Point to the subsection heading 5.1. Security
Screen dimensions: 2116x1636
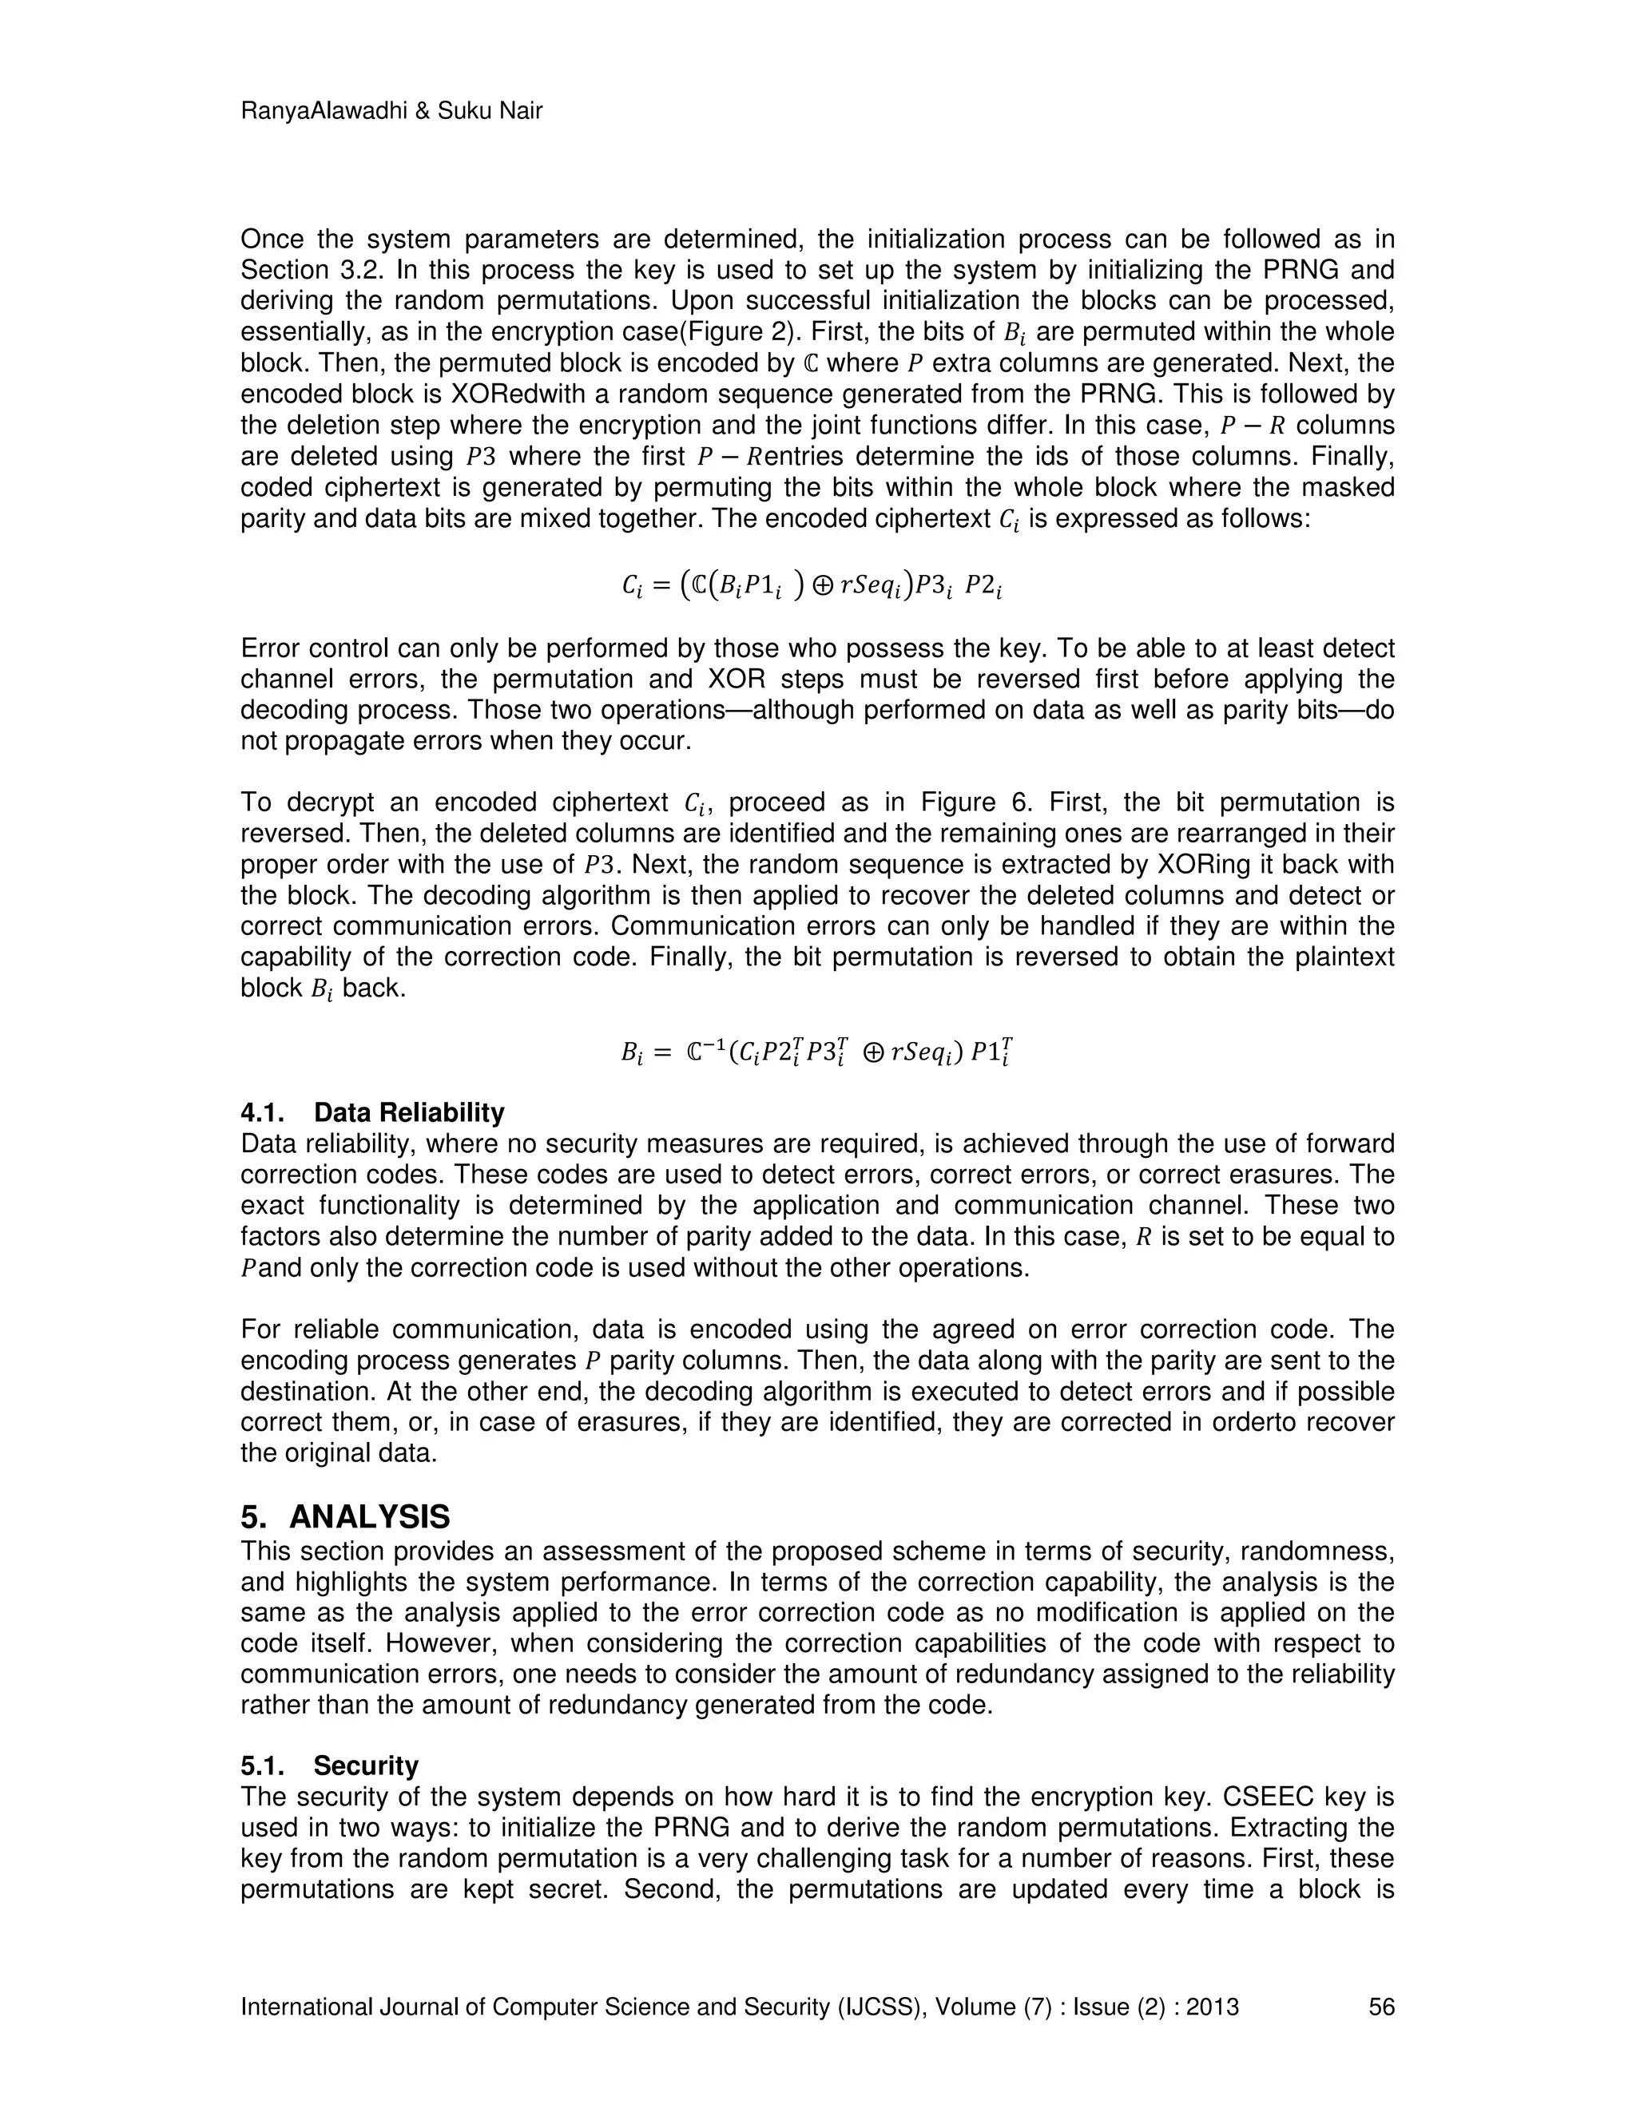pyautogui.click(x=330, y=1765)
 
